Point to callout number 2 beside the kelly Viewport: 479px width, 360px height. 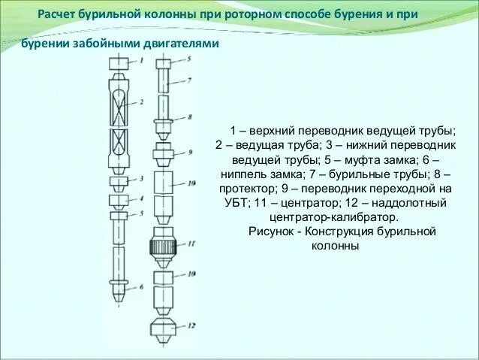141,101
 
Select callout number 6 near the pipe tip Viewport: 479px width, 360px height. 140,288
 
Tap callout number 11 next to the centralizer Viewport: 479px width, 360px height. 191,243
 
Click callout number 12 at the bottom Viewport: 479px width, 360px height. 191,325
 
